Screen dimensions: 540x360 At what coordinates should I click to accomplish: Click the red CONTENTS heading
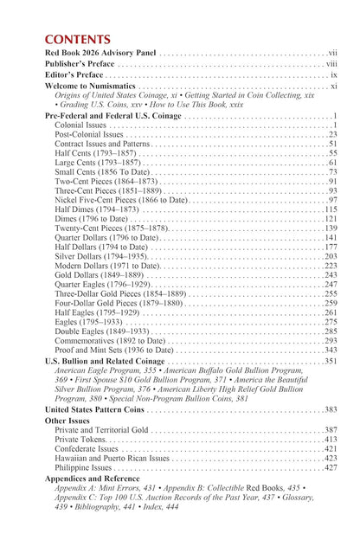(x=77, y=40)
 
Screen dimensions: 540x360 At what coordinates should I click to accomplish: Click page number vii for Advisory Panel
(x=331, y=53)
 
